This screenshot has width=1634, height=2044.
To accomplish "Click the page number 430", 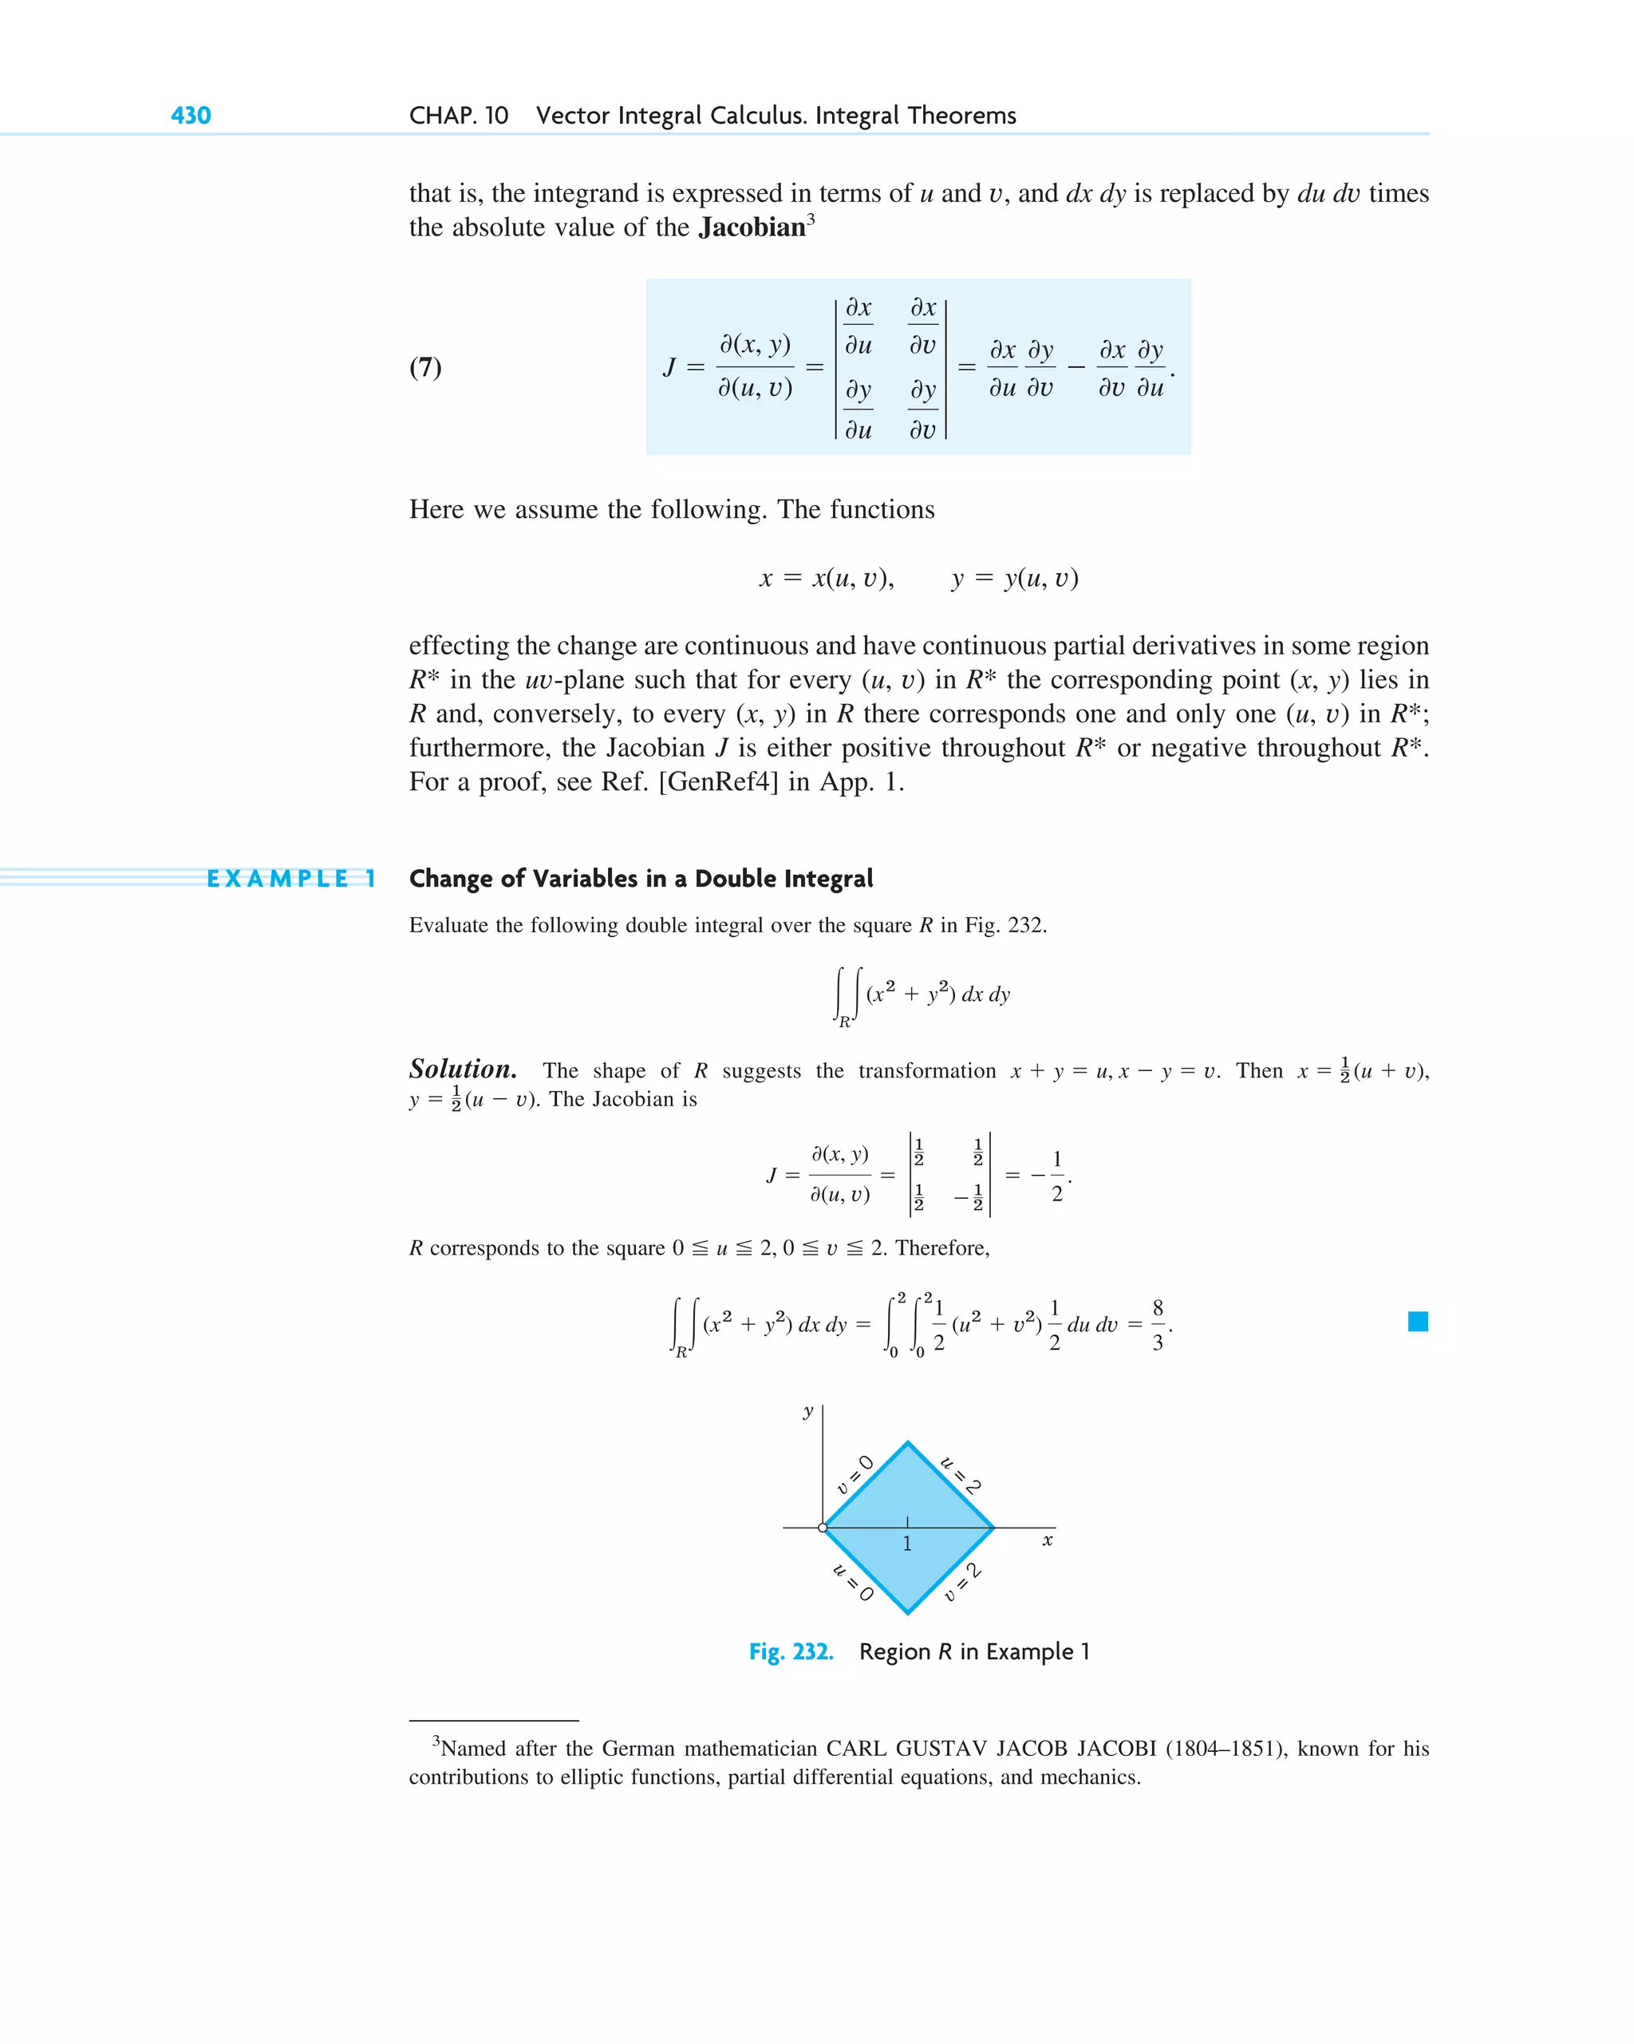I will [x=191, y=116].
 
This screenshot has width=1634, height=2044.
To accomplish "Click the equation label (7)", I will [x=425, y=367].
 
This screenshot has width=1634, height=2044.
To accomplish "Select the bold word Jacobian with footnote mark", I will [x=755, y=227].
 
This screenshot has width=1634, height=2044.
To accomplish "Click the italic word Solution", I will [x=463, y=1069].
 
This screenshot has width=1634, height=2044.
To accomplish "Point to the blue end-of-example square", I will [x=1417, y=1322].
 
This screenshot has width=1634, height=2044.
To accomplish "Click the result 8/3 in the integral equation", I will [x=1157, y=1324].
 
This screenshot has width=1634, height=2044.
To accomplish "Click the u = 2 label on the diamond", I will [x=960, y=1475].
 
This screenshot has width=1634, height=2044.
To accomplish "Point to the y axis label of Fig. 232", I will [x=808, y=1412].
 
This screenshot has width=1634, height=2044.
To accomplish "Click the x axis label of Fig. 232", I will [x=1048, y=1540].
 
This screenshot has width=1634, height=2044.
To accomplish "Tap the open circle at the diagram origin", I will [x=823, y=1528].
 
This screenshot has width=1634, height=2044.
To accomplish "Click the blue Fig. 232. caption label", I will [x=791, y=1651].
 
